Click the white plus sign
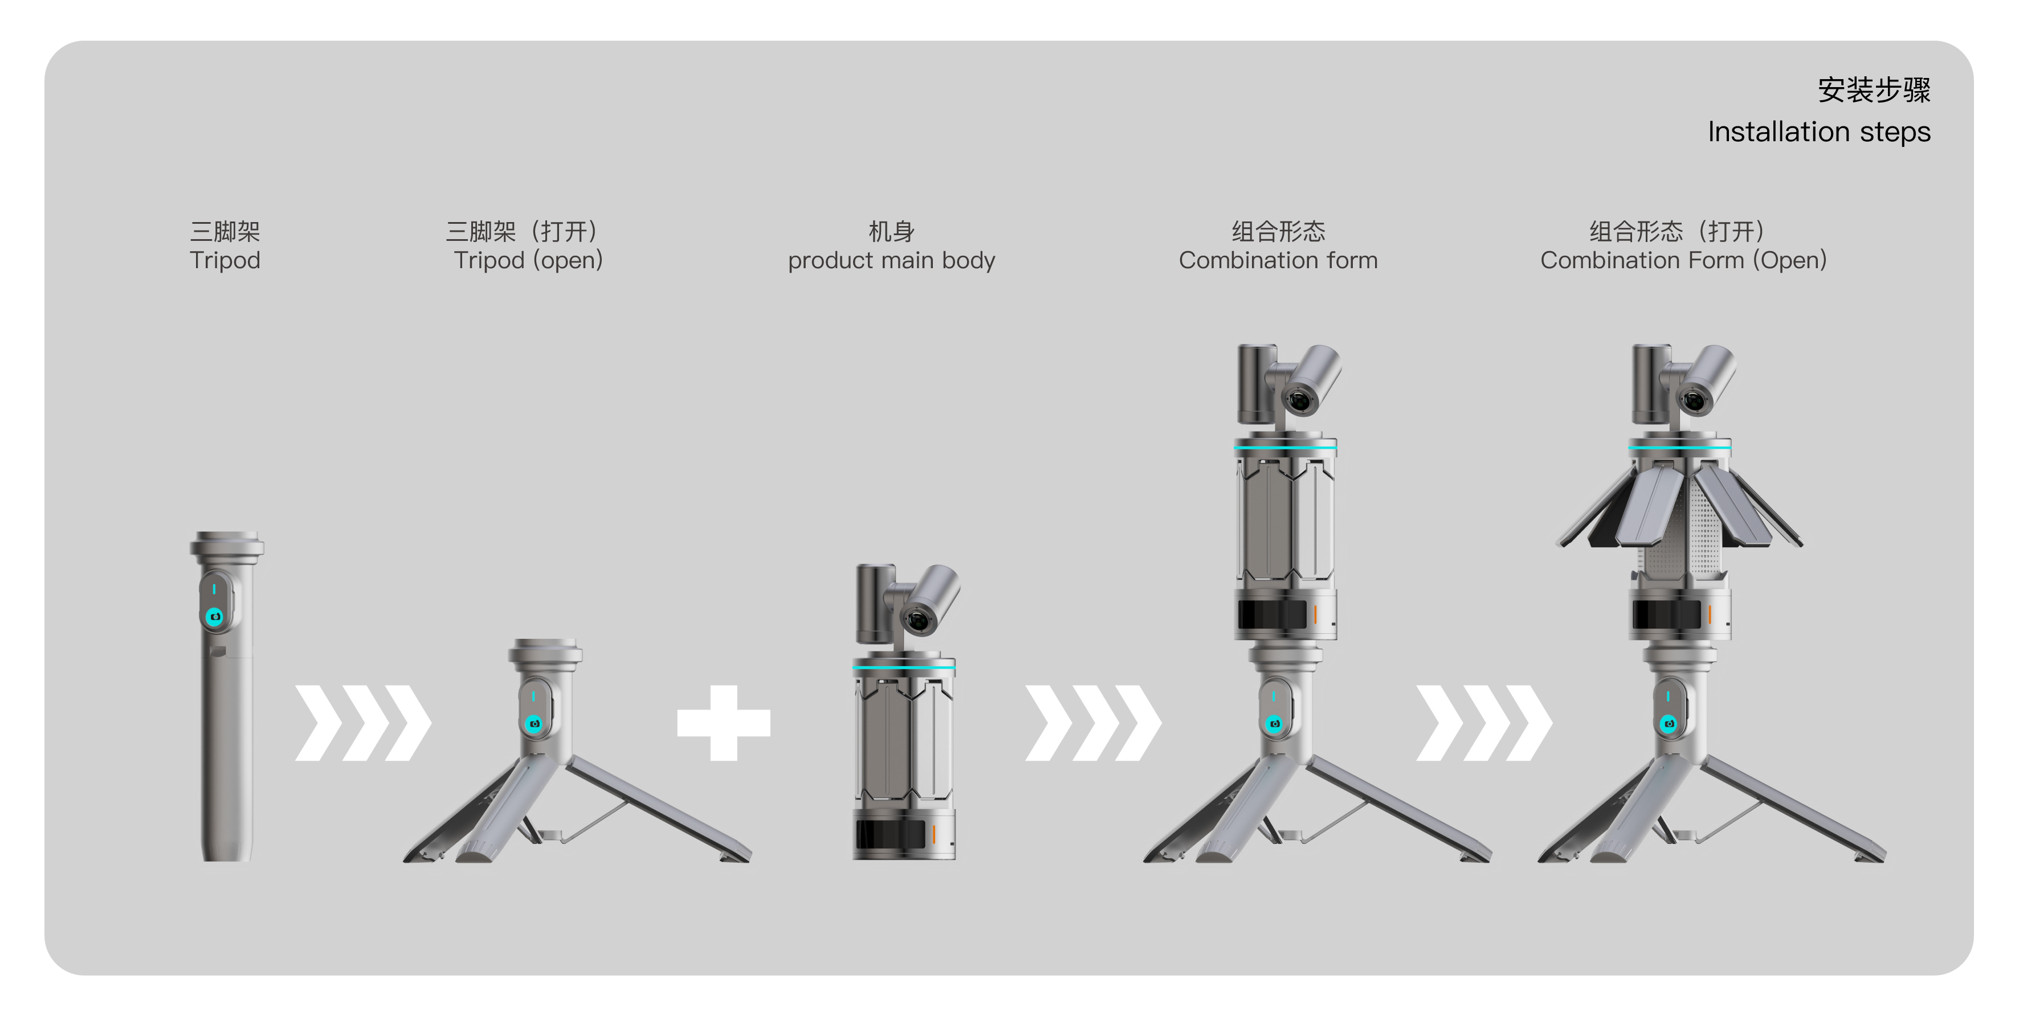point(723,722)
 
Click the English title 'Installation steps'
point(1818,132)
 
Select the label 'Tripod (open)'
point(528,260)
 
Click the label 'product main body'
point(891,260)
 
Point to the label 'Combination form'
point(1278,260)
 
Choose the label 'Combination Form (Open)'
point(1683,260)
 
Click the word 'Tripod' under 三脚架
point(225,260)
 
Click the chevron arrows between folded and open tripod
point(363,722)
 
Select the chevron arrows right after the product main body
point(1094,722)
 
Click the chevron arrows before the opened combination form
point(1484,722)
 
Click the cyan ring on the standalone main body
point(904,667)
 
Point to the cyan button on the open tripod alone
point(535,723)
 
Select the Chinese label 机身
point(891,231)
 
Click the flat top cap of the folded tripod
point(226,538)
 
